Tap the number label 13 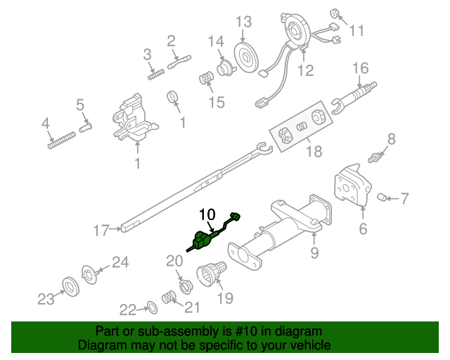click(x=243, y=22)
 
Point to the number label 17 click(x=102, y=229)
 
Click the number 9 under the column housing click(x=314, y=251)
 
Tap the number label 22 click(x=127, y=309)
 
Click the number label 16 click(x=359, y=68)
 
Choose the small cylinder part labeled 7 click(x=384, y=196)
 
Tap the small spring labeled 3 click(x=155, y=70)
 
